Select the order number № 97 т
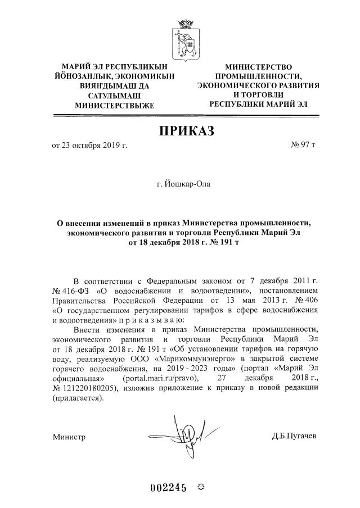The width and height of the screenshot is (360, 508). point(303,146)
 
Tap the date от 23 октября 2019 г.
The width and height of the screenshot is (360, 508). point(90,146)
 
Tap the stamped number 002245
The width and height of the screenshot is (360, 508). point(168,487)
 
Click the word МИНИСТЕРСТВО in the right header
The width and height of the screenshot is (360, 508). point(258,67)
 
